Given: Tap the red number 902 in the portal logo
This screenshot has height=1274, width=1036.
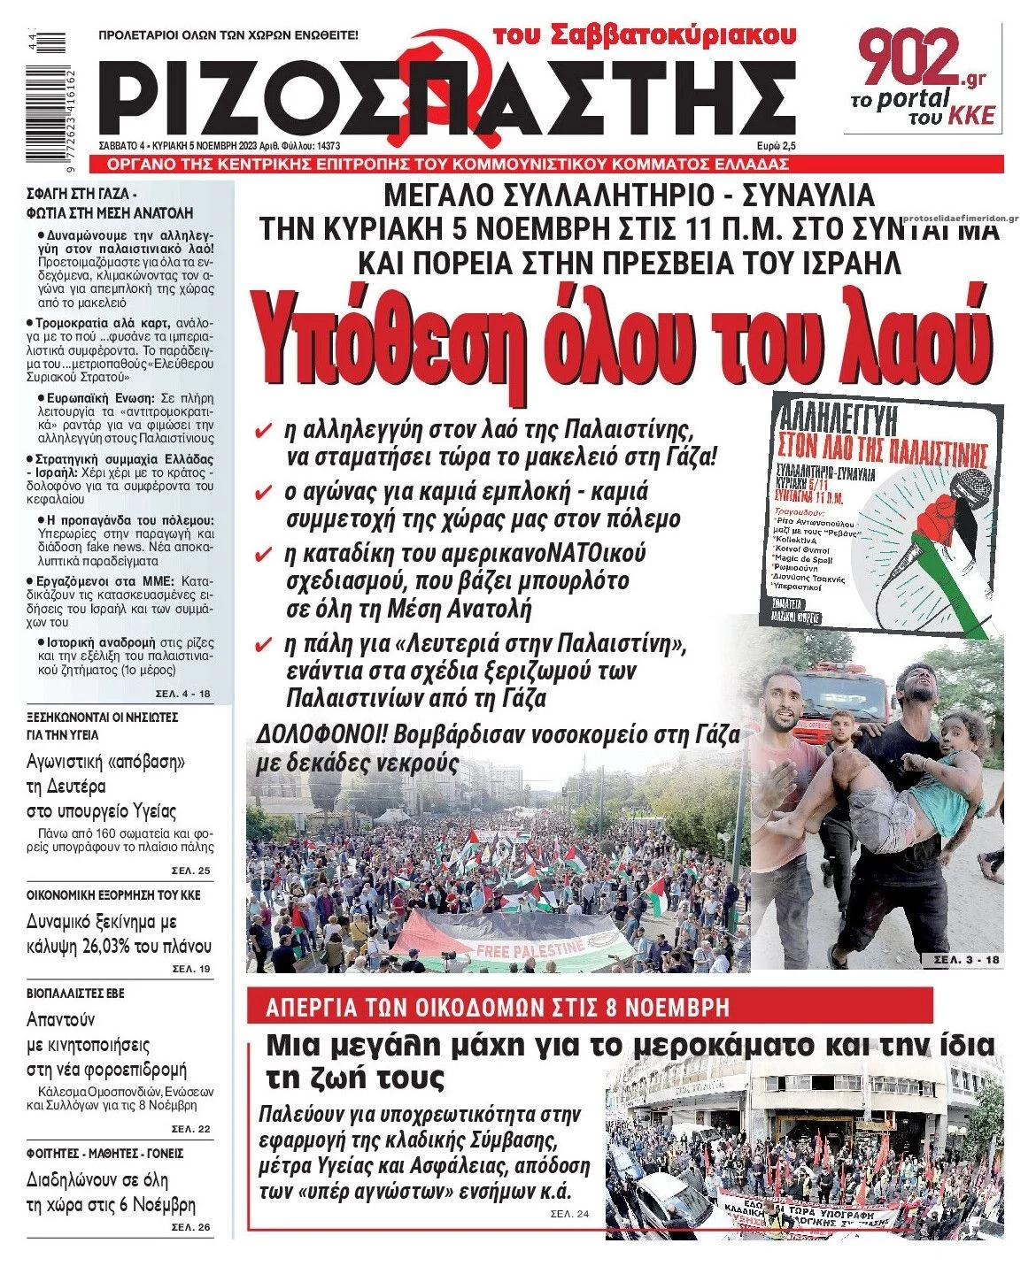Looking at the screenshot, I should click(x=912, y=57).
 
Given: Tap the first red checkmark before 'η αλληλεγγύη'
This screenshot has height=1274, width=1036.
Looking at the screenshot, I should click(x=262, y=433).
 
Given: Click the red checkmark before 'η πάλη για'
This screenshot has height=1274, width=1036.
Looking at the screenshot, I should click(x=262, y=644).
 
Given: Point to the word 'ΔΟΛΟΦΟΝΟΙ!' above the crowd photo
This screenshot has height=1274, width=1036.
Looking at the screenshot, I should click(x=320, y=735).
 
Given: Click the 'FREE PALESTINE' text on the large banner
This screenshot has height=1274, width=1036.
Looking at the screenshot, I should click(x=530, y=949).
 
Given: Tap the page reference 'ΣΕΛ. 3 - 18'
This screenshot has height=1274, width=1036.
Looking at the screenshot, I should click(x=962, y=959).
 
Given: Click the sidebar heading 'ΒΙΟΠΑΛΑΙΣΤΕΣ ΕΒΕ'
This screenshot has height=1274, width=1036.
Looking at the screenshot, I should click(x=76, y=994).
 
